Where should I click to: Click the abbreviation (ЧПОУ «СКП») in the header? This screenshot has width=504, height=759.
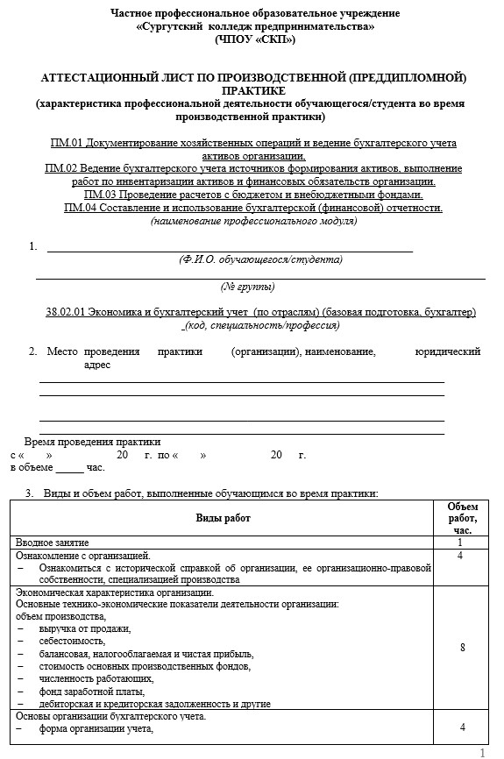tap(254, 39)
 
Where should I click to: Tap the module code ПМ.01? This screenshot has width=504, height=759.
tap(67, 142)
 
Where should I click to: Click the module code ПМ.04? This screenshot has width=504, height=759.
tap(80, 208)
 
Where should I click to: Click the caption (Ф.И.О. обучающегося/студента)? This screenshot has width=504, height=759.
tap(259, 259)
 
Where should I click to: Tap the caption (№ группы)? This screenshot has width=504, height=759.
tap(247, 287)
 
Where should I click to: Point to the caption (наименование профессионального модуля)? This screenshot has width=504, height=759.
tap(253, 221)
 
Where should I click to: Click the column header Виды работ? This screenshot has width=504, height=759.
tap(222, 518)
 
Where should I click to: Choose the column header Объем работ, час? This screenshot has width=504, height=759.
tap(462, 518)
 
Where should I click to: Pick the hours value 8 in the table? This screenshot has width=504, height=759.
tap(462, 648)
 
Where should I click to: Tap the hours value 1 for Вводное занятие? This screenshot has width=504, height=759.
tap(462, 543)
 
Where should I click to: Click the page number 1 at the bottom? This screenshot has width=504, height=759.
tap(481, 752)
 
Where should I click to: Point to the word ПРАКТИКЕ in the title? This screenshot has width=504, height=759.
tap(253, 90)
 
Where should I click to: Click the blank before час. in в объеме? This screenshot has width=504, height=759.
tap(69, 468)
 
